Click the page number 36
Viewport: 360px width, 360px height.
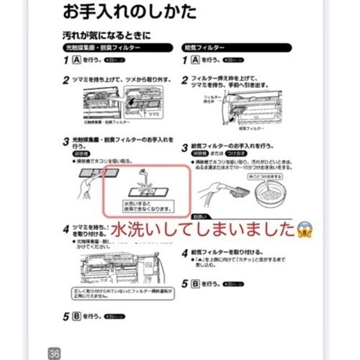53,352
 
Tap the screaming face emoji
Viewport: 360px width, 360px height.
305,229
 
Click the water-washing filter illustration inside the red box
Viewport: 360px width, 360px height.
146,183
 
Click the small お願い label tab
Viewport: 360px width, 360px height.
200,217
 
